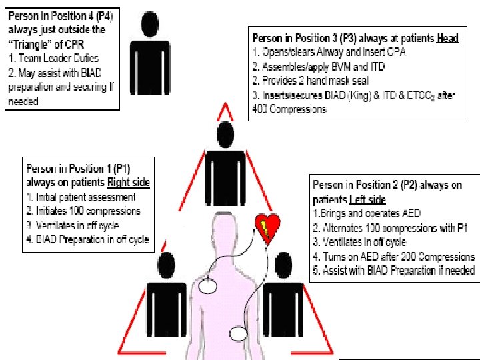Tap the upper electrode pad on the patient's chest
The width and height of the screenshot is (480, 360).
pos(209,286)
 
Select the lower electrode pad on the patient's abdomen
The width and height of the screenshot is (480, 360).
pos(239,333)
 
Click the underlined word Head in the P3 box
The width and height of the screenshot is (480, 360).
pos(447,38)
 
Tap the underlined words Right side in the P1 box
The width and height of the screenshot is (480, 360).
pos(128,181)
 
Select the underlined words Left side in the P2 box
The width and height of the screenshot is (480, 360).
pos(367,199)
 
